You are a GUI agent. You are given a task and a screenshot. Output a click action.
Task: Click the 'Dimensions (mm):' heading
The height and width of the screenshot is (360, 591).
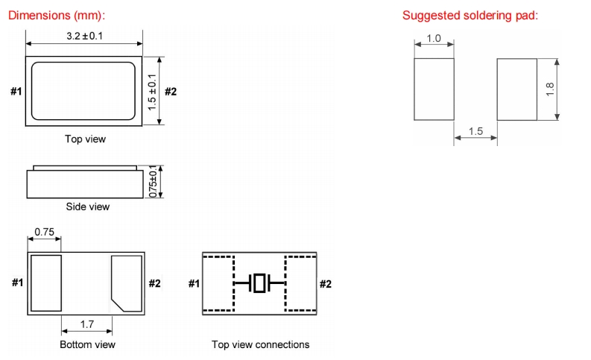[x=57, y=15]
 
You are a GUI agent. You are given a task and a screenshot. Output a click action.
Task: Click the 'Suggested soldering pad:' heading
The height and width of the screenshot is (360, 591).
[x=470, y=16]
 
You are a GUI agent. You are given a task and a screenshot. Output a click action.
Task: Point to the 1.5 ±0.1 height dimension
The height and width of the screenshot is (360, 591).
[x=152, y=92]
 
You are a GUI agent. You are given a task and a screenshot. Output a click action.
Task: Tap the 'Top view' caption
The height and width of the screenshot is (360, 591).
[x=85, y=139]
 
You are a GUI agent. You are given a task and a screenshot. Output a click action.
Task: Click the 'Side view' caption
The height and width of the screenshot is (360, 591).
[x=86, y=206]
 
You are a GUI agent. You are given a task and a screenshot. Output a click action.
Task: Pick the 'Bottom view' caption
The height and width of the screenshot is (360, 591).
[x=87, y=344]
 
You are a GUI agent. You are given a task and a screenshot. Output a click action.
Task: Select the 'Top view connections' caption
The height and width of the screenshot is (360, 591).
[x=260, y=344]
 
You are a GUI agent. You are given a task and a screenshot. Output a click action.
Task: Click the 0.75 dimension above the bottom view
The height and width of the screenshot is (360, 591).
[x=45, y=233]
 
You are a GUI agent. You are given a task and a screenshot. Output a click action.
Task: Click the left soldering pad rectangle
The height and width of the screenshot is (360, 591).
[x=434, y=89]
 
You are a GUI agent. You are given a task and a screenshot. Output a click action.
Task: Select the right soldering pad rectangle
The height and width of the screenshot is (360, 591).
[x=516, y=89]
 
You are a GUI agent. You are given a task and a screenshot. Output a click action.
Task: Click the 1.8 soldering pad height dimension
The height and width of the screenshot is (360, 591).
[x=550, y=89]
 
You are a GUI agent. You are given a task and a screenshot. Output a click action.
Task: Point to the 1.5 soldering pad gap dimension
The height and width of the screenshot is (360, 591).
[x=475, y=132]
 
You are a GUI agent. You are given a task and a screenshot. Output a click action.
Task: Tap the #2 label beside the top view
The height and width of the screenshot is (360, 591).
[x=171, y=92]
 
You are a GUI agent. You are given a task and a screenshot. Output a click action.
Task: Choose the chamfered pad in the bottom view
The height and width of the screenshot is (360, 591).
[x=126, y=283]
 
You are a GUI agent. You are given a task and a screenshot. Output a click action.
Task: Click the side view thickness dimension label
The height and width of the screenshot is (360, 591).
[x=154, y=181]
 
